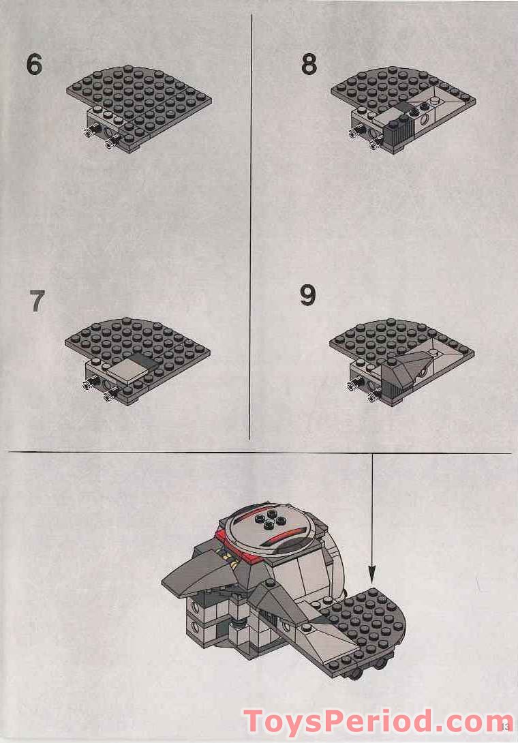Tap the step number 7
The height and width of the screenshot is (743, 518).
(x=37, y=301)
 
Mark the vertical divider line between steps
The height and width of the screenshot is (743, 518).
(x=250, y=225)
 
